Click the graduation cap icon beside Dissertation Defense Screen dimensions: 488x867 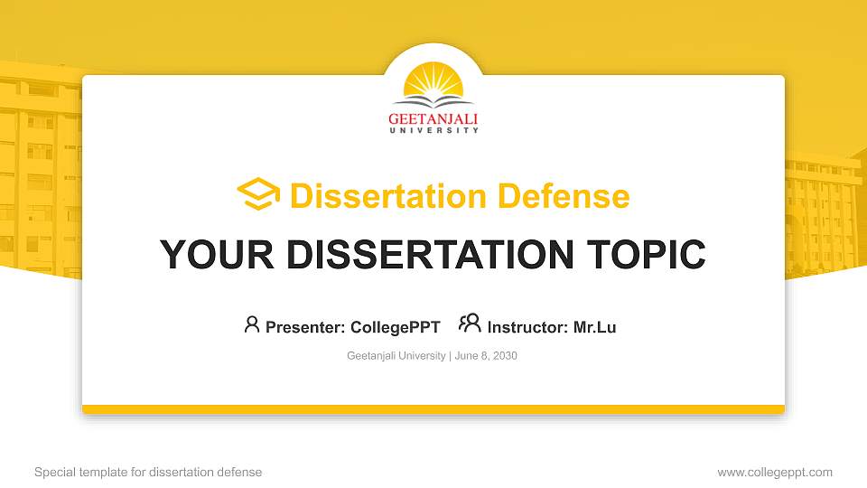click(258, 195)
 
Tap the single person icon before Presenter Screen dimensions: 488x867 click(252, 324)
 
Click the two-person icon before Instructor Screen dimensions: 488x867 click(470, 324)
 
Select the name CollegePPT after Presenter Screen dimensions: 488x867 click(395, 327)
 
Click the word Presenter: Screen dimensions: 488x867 click(304, 327)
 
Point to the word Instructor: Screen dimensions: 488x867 click(528, 327)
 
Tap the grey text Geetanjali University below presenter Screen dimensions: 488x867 click(396, 356)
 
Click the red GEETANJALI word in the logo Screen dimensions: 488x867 click(433, 118)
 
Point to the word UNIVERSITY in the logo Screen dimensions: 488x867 click(433, 131)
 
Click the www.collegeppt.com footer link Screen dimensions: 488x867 click(775, 472)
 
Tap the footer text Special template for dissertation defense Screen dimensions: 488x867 click(148, 472)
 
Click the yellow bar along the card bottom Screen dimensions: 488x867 click(433, 409)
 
